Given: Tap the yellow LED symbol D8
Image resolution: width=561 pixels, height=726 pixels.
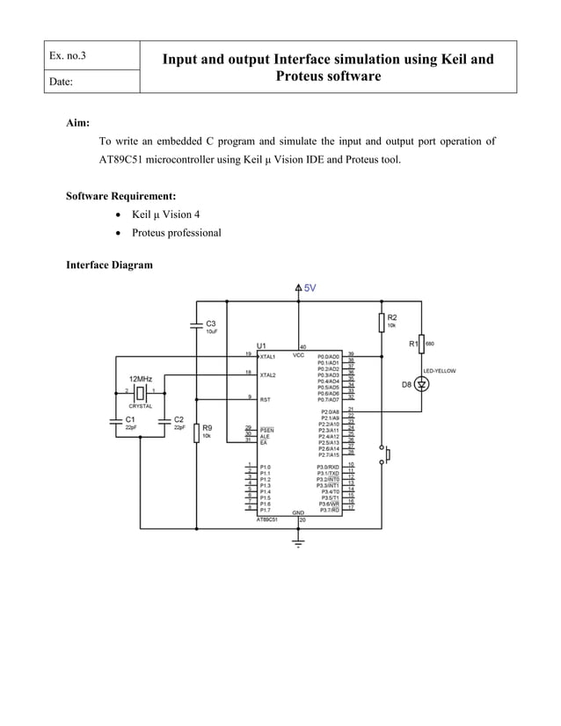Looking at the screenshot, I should tap(421, 385).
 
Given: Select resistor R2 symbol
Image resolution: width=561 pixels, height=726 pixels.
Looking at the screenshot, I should tap(382, 322).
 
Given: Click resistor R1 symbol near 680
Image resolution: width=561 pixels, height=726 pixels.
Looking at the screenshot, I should tap(421, 345).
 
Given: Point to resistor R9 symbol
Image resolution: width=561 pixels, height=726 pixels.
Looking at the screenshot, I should tap(196, 433).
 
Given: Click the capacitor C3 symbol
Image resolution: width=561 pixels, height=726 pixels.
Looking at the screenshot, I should tap(196, 325).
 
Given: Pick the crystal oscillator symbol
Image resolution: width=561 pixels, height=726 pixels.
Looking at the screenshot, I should tap(141, 390).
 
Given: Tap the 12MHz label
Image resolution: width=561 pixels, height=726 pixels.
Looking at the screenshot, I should tap(141, 378).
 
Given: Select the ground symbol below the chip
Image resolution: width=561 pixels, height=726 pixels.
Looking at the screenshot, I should tap(300, 544).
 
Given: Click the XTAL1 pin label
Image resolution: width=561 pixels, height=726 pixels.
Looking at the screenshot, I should tap(267, 358).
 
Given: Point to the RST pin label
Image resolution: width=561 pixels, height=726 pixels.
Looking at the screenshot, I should tap(265, 399).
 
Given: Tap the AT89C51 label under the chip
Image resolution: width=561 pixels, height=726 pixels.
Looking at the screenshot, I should tap(267, 519).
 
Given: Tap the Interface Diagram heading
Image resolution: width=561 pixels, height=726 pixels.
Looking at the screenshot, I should tap(110, 265).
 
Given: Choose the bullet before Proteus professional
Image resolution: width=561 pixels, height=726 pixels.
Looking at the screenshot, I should tap(118, 233).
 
